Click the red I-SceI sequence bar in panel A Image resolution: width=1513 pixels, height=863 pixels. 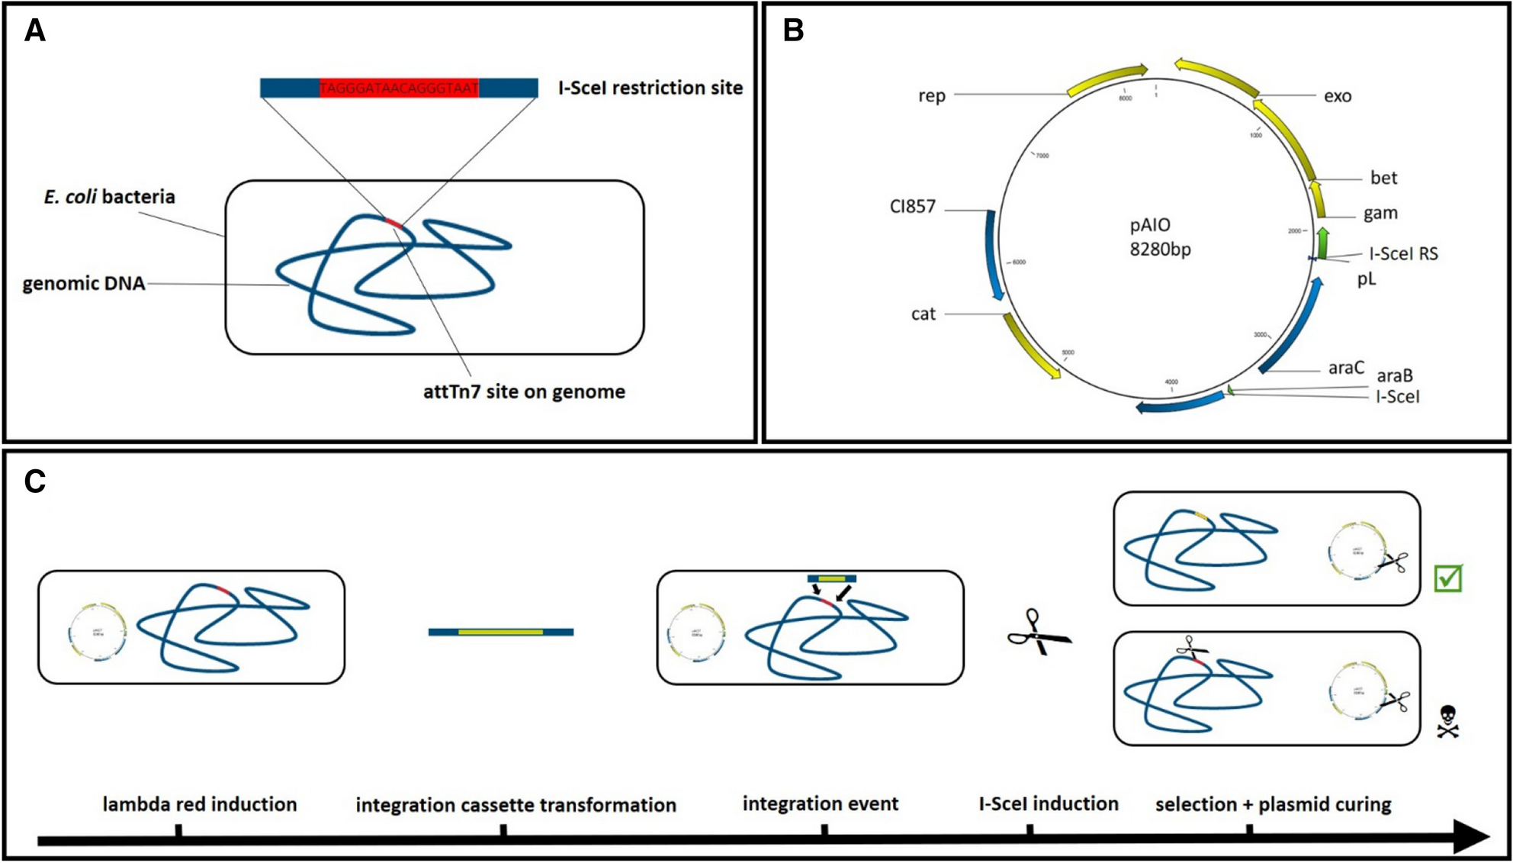tap(399, 89)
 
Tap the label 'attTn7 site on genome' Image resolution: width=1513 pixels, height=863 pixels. tap(524, 391)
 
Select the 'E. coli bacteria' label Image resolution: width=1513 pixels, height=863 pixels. tap(109, 197)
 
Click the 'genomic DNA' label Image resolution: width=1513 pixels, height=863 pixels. tap(83, 284)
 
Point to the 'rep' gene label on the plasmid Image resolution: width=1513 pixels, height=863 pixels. tap(931, 96)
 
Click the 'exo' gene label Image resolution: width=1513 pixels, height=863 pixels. tap(1337, 96)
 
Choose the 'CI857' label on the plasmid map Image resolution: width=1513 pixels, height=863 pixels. tap(912, 207)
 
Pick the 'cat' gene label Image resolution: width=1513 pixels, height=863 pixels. tap(923, 314)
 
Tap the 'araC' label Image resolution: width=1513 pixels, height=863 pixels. tap(1345, 368)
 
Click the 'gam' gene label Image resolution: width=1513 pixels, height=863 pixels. tap(1380, 213)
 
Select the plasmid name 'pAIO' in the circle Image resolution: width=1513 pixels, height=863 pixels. tap(1150, 225)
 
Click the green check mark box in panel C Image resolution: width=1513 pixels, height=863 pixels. tap(1447, 578)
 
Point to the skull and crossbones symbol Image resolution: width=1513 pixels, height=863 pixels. tap(1447, 721)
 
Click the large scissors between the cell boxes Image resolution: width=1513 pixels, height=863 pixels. tap(1039, 633)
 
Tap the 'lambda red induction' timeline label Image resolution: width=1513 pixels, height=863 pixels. tap(199, 804)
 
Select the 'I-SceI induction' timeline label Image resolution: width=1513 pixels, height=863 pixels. tap(1048, 803)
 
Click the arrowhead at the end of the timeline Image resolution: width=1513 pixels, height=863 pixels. tap(1472, 837)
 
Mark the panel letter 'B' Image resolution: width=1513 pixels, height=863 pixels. tap(793, 31)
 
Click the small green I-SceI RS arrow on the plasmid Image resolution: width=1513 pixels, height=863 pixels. tap(1323, 243)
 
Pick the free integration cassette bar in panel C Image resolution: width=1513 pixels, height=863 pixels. tap(500, 632)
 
